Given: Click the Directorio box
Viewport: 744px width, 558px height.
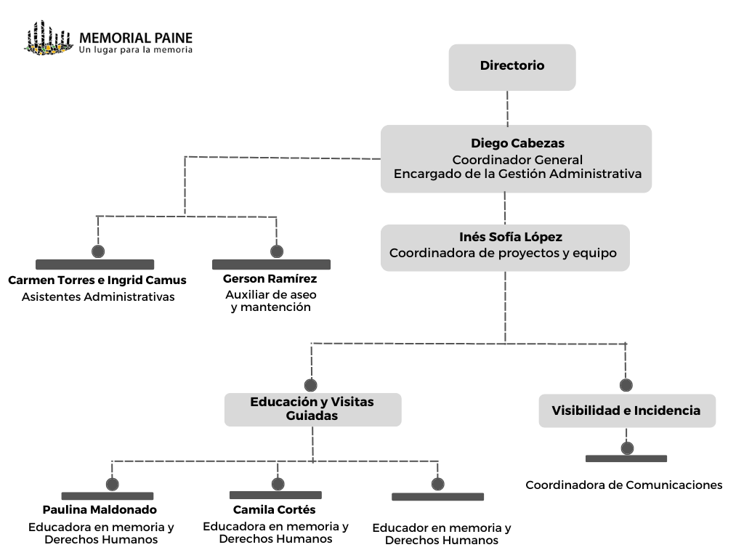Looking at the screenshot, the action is click(x=512, y=68).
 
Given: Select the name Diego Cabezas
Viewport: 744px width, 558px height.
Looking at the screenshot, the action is click(x=517, y=143).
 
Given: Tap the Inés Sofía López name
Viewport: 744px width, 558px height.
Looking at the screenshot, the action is click(x=511, y=237).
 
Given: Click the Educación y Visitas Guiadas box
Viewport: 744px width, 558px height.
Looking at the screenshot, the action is click(x=312, y=410).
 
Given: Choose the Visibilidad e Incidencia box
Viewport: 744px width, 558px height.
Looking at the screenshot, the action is click(x=627, y=411).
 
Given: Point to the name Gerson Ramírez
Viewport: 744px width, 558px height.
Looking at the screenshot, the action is click(x=270, y=278).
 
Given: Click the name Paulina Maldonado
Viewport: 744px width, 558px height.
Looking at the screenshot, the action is click(x=100, y=509).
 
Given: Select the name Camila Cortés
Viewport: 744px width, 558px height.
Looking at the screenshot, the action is click(x=274, y=509).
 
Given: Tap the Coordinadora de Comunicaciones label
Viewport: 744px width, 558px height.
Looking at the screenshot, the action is click(x=624, y=485).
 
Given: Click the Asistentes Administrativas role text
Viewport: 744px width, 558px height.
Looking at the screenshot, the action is click(x=98, y=297).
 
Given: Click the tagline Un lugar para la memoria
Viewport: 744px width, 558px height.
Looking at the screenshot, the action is click(x=136, y=50).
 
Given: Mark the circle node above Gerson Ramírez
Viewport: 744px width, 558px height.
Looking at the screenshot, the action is click(x=277, y=251).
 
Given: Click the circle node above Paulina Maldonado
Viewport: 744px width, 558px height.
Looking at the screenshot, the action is click(x=113, y=485).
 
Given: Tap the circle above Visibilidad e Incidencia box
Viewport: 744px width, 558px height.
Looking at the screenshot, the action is click(x=626, y=385).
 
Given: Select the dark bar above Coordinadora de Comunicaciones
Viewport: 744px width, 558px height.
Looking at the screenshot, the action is click(x=626, y=458).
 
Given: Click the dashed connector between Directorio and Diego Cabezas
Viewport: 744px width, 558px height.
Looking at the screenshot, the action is click(x=508, y=108).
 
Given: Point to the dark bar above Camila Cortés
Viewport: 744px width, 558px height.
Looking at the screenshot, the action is click(x=275, y=495).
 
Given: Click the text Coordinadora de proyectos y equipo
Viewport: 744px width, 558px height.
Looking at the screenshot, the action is click(x=503, y=254).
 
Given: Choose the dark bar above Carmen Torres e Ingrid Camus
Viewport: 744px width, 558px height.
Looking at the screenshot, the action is click(x=95, y=264).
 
